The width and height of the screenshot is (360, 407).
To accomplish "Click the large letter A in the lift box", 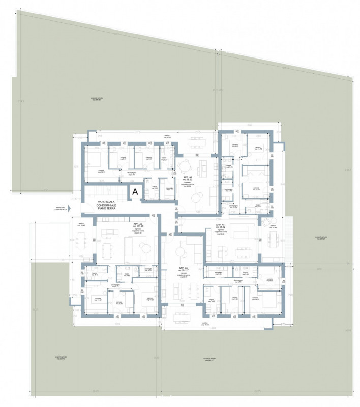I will coord(135,192).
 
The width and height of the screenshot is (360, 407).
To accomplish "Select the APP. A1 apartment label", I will coord(192,180).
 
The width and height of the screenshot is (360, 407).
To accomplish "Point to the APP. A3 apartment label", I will coord(184,270).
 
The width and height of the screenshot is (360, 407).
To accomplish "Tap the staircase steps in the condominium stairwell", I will coord(104,193).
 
